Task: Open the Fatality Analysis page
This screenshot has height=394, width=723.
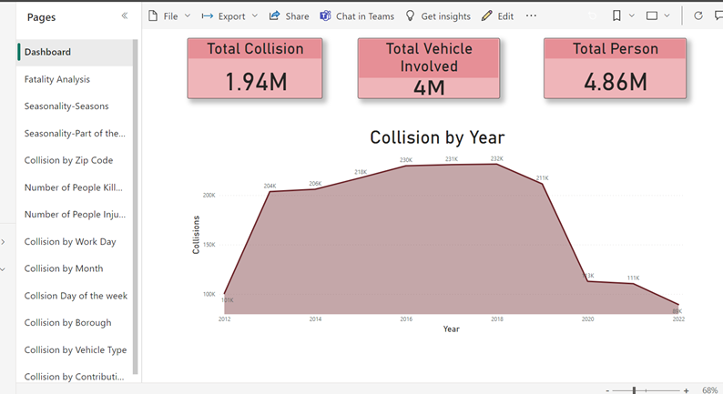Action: point(56,79)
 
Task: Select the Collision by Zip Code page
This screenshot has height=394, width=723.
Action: point(68,160)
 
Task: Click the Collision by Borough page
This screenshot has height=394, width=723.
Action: point(67,322)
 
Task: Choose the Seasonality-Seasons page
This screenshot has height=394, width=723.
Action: point(66,106)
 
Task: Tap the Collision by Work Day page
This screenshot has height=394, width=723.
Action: point(69,241)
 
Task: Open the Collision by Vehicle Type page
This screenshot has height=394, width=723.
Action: point(75,349)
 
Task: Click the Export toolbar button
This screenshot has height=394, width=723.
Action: point(229,16)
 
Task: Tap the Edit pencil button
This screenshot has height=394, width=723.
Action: point(497,16)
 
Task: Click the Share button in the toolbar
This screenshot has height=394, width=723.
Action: point(289,16)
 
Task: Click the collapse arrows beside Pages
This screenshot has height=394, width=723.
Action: point(125,16)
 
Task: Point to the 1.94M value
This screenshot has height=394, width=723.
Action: point(256,82)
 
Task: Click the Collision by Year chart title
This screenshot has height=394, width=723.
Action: point(437,137)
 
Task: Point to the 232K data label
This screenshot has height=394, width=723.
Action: point(496,159)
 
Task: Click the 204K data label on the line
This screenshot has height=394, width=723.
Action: point(270,186)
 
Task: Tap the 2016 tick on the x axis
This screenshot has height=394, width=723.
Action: point(406,319)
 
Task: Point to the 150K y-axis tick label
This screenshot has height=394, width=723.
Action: point(209,245)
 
